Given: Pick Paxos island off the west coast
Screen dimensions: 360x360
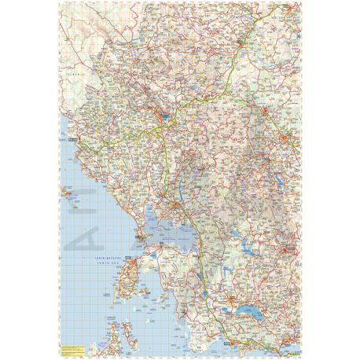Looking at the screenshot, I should [x=67, y=191].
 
